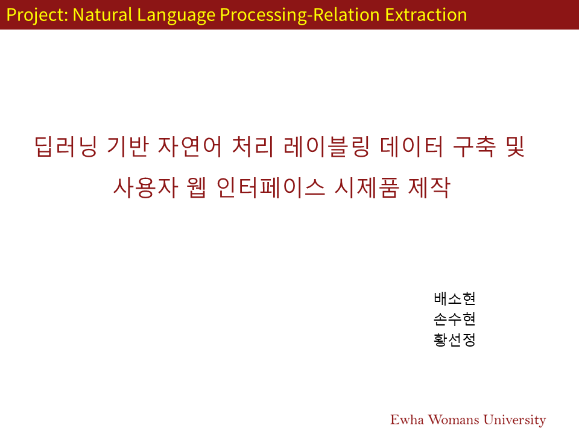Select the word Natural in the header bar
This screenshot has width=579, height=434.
[x=103, y=14]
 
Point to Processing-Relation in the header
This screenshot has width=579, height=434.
[x=300, y=16]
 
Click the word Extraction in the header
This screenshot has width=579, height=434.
[x=426, y=14]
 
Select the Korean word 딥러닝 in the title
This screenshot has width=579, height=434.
[x=66, y=146]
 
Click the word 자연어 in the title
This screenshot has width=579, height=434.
[x=190, y=146]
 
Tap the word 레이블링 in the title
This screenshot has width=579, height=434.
[x=326, y=146]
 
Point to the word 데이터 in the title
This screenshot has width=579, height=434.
[x=411, y=146]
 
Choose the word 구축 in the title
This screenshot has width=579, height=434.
[x=474, y=146]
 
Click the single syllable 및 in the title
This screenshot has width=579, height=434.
[x=516, y=146]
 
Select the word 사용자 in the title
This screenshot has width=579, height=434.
[x=145, y=187]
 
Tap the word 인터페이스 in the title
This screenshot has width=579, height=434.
[x=271, y=187]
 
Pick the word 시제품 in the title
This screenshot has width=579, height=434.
[x=367, y=187]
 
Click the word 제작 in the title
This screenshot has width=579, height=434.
[x=429, y=187]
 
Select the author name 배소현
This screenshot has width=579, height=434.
[x=455, y=298]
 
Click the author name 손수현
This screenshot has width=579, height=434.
[x=455, y=319]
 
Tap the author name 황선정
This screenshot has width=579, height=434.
[x=455, y=340]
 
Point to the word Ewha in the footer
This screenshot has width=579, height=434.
[x=407, y=420]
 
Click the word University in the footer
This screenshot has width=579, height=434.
[x=514, y=420]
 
